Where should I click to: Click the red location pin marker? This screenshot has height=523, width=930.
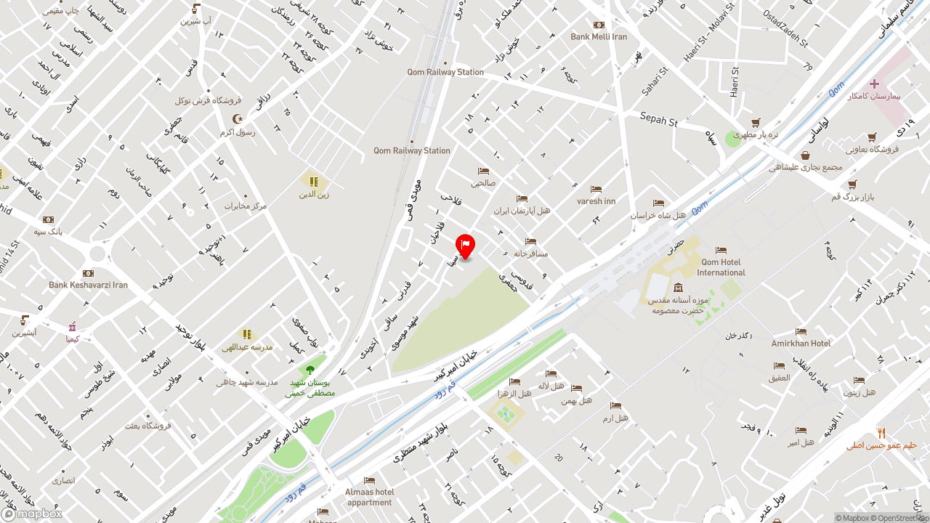[x=465, y=246]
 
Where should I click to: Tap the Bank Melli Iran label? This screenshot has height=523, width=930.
[x=599, y=36]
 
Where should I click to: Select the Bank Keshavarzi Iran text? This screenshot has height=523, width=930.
[x=88, y=285]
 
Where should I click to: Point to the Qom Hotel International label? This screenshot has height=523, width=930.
[x=721, y=267]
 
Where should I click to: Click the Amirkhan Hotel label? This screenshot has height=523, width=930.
[x=801, y=343]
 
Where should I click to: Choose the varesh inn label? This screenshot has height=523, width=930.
[x=596, y=201]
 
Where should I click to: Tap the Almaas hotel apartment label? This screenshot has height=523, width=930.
[x=369, y=497]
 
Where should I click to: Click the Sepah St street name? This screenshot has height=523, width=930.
[x=658, y=119]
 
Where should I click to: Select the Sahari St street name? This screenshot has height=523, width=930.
[x=654, y=82]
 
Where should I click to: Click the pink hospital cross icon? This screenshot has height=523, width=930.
[x=874, y=84]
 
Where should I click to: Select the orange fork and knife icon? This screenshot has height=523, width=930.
[x=881, y=433]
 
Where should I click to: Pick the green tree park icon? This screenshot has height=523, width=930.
[x=310, y=370]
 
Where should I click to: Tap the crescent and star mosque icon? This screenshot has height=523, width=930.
[x=237, y=119]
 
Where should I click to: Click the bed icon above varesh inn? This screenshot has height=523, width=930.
[x=596, y=190]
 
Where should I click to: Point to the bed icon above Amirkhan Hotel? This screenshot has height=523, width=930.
[x=801, y=332]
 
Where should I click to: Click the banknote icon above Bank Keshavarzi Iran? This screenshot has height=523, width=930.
[x=88, y=273]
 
